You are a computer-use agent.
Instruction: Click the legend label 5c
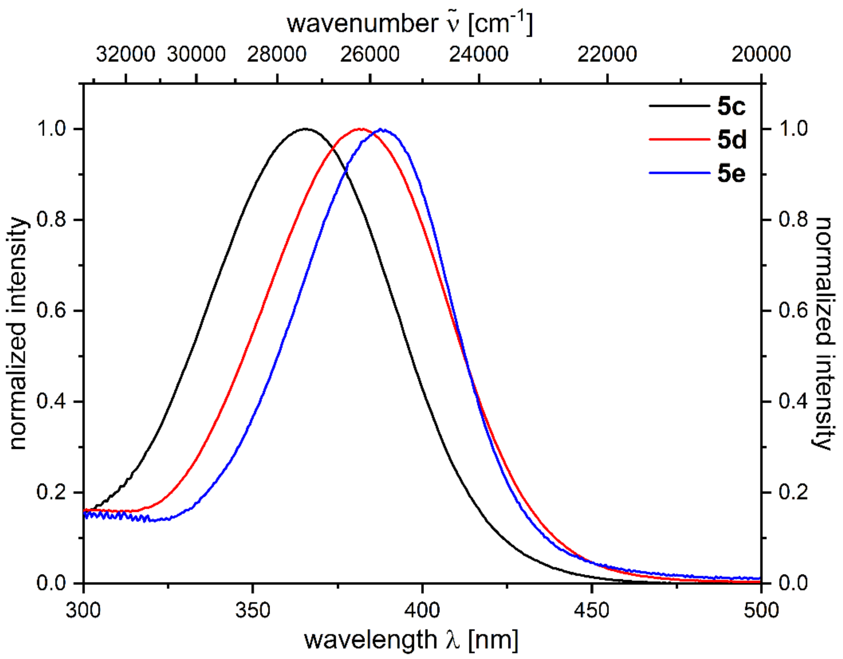pos(731,106)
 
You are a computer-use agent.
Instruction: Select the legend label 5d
pos(732,139)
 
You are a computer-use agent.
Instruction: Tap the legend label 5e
pos(731,173)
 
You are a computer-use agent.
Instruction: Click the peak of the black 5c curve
pos(306,129)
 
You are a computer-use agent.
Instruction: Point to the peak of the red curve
pos(360,129)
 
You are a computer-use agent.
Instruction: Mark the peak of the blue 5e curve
pos(381,129)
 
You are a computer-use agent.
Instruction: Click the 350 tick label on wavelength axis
pos(253,610)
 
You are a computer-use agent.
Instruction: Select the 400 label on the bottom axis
pos(422,610)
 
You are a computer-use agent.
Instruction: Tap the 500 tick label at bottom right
pos(761,610)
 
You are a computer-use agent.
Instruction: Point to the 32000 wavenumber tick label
pos(125,54)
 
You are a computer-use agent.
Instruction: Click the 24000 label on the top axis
pos(479,54)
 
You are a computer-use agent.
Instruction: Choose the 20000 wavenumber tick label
pos(761,54)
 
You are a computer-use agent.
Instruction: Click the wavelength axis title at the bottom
pos(411,640)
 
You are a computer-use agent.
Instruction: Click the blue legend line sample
pos(679,173)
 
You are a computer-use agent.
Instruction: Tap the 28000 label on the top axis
pos(277,54)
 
